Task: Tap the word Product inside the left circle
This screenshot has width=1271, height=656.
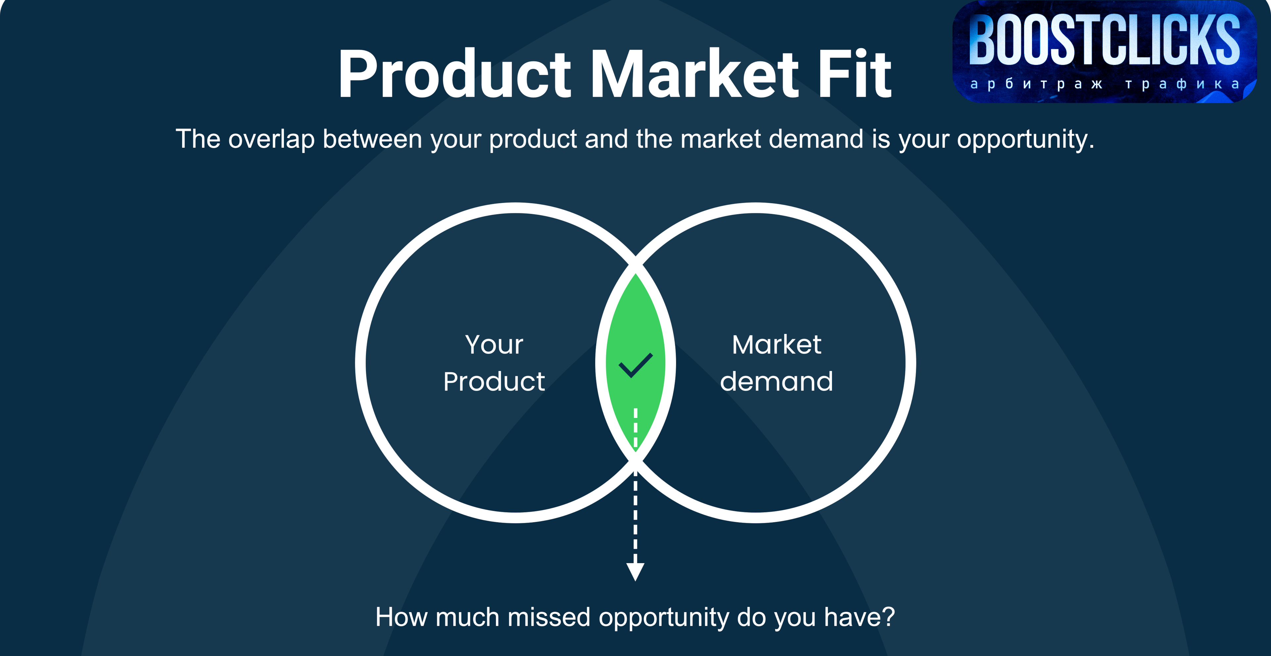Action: click(494, 381)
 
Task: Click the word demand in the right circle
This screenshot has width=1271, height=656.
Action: click(777, 381)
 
